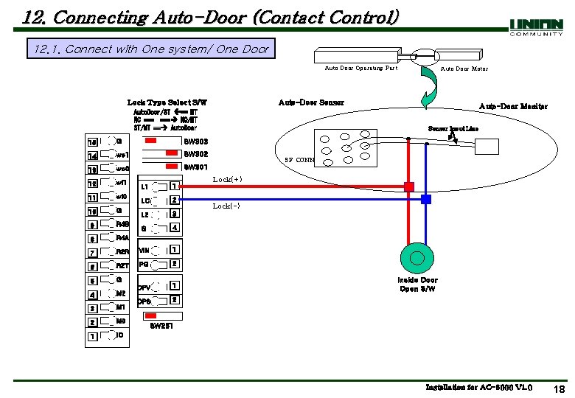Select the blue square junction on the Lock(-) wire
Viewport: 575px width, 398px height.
click(426, 199)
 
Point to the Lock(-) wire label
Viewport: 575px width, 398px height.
click(226, 206)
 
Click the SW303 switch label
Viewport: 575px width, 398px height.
click(195, 141)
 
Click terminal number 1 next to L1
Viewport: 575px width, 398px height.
click(173, 186)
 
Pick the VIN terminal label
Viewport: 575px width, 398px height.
click(144, 251)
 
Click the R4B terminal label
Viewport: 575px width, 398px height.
click(122, 224)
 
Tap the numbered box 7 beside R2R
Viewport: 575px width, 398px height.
click(93, 253)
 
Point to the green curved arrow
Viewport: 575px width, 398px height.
click(429, 92)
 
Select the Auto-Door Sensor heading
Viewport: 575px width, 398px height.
click(310, 102)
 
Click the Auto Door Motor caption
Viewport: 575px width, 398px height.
click(464, 69)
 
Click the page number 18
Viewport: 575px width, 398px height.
click(559, 388)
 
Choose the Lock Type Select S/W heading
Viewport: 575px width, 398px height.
click(167, 102)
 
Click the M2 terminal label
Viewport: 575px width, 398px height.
click(122, 293)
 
